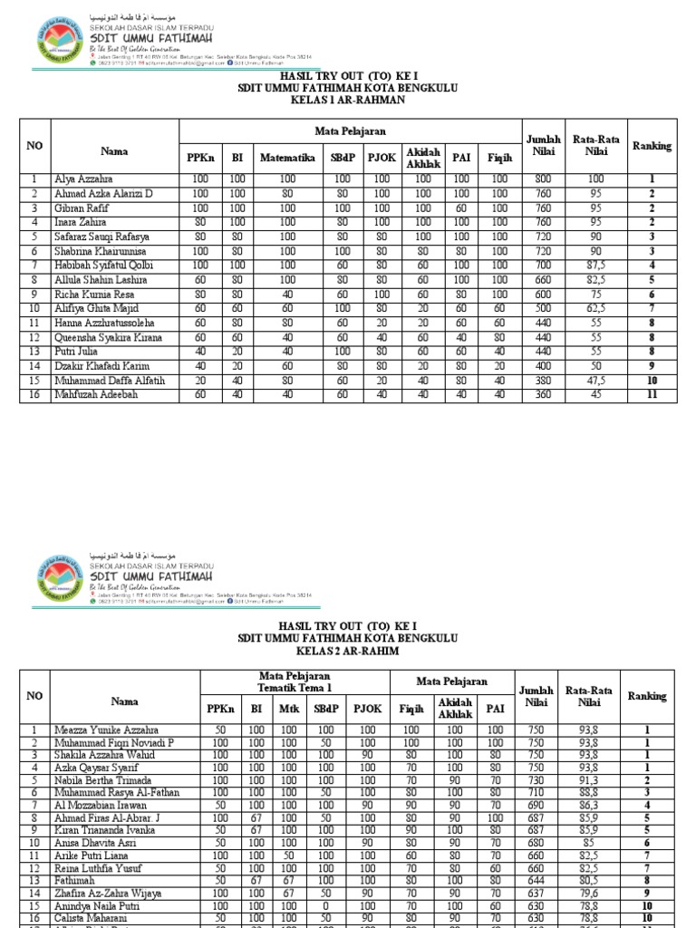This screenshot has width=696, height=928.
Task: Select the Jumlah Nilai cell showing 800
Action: (x=543, y=179)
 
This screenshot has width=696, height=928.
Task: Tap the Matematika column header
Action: (x=287, y=158)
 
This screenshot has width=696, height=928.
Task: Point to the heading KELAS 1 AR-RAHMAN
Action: (x=347, y=100)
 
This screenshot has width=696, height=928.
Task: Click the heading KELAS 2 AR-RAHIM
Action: (x=347, y=651)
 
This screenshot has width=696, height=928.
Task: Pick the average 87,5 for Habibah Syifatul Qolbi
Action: (x=596, y=264)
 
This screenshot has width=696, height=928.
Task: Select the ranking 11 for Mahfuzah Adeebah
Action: (x=651, y=395)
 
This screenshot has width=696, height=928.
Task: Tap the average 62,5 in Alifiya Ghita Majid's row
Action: (x=596, y=308)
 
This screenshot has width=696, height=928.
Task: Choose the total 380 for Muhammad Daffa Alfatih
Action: (x=543, y=381)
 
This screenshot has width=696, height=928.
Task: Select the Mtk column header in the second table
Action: (x=289, y=710)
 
